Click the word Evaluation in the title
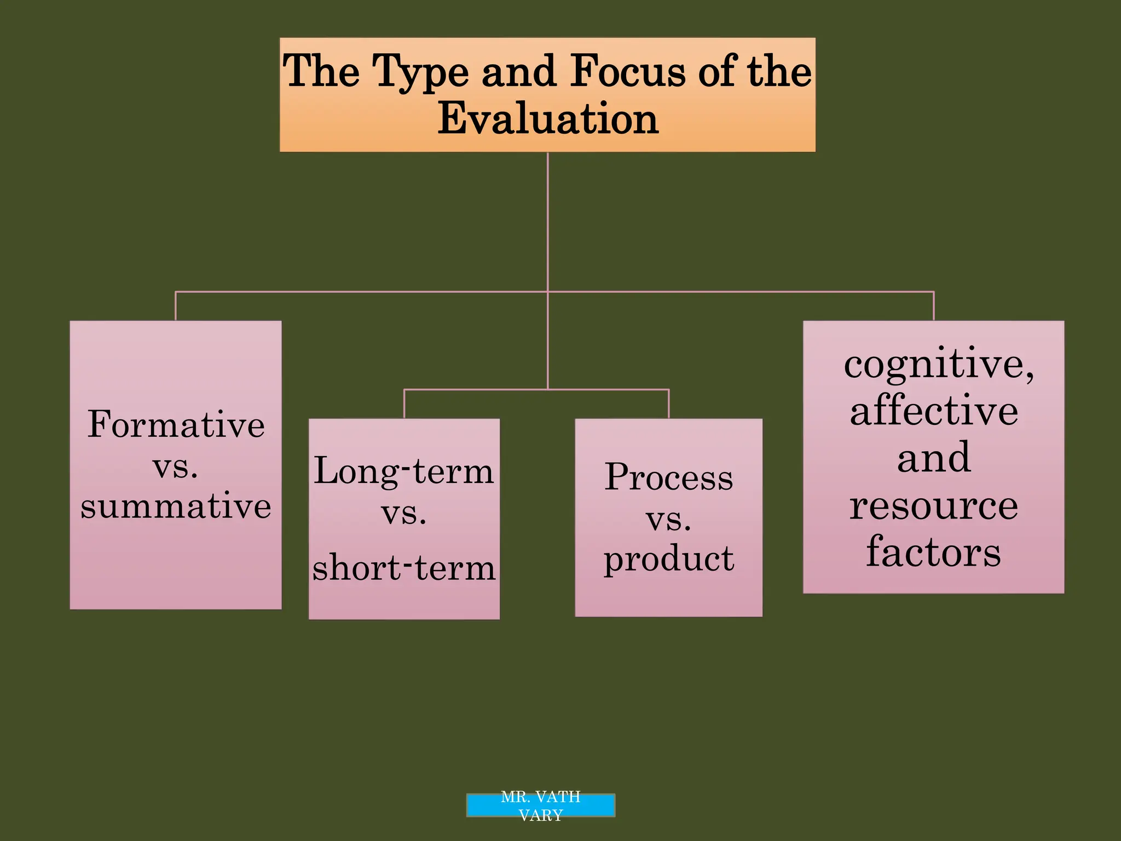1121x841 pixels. tap(548, 119)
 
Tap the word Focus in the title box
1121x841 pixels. tap(627, 72)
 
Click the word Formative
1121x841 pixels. tap(176, 424)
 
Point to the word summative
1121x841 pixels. tap(176, 505)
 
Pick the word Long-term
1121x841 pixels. tap(404, 471)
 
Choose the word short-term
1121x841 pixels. tap(404, 568)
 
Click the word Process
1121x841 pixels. tap(668, 477)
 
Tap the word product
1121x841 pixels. tap(669, 560)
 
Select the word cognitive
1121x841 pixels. tap(938, 364)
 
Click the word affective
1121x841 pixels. tap(934, 411)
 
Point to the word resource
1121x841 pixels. tap(934, 505)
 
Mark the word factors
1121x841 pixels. tap(934, 552)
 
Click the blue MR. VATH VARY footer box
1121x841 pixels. tap(541, 805)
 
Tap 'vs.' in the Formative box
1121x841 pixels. tap(176, 466)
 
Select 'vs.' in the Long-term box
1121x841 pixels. tap(404, 513)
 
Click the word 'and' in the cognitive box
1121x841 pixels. tap(934, 458)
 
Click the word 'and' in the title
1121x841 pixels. tap(518, 72)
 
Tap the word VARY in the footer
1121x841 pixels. tap(541, 815)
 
